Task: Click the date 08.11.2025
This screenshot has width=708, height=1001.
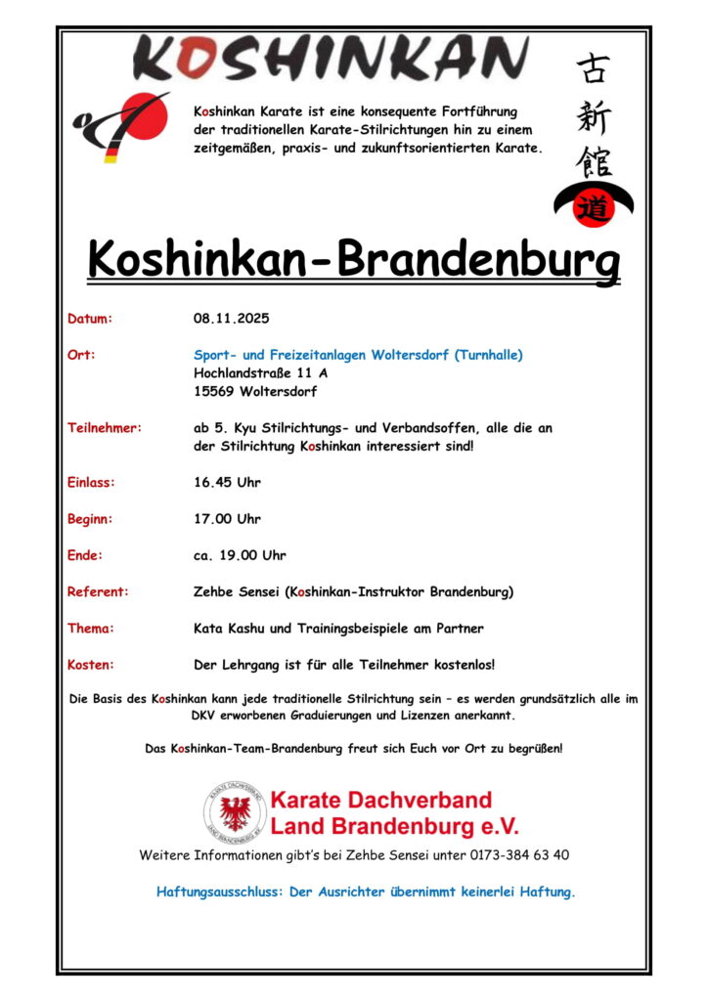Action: [x=231, y=319]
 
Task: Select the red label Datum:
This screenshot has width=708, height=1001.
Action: [x=90, y=319]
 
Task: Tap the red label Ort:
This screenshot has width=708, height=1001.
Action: [x=80, y=355]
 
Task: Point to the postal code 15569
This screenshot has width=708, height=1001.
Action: [x=215, y=392]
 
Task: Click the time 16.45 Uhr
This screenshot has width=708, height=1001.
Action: [x=227, y=482]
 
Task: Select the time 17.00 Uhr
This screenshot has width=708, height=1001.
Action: [x=227, y=519]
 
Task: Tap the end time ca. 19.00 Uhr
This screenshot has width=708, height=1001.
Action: [x=240, y=555]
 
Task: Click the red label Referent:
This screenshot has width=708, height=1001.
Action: [x=98, y=591]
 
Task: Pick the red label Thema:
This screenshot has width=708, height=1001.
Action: [x=91, y=628]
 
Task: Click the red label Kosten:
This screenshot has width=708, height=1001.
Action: [x=91, y=665]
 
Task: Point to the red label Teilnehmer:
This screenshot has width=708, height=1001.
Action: [x=105, y=427]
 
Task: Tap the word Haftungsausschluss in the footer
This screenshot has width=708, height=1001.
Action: [x=220, y=892]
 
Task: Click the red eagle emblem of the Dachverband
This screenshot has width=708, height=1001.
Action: [x=235, y=813]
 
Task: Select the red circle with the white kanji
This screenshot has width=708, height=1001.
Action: [x=593, y=207]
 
